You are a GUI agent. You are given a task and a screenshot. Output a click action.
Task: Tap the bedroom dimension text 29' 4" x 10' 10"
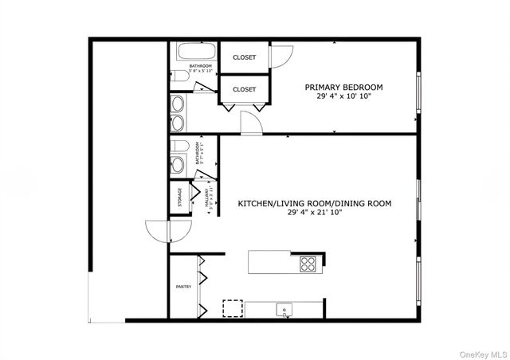344,96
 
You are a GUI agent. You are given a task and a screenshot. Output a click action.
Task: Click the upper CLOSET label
245,57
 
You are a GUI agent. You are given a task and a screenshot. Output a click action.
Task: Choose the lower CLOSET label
245,89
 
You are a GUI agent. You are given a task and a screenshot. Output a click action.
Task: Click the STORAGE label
179,196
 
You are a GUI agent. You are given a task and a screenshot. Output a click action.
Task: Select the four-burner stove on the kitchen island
308,262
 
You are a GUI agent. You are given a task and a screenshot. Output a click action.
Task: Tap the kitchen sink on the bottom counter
282,309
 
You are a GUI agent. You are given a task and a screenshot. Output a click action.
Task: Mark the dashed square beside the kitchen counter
233,308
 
